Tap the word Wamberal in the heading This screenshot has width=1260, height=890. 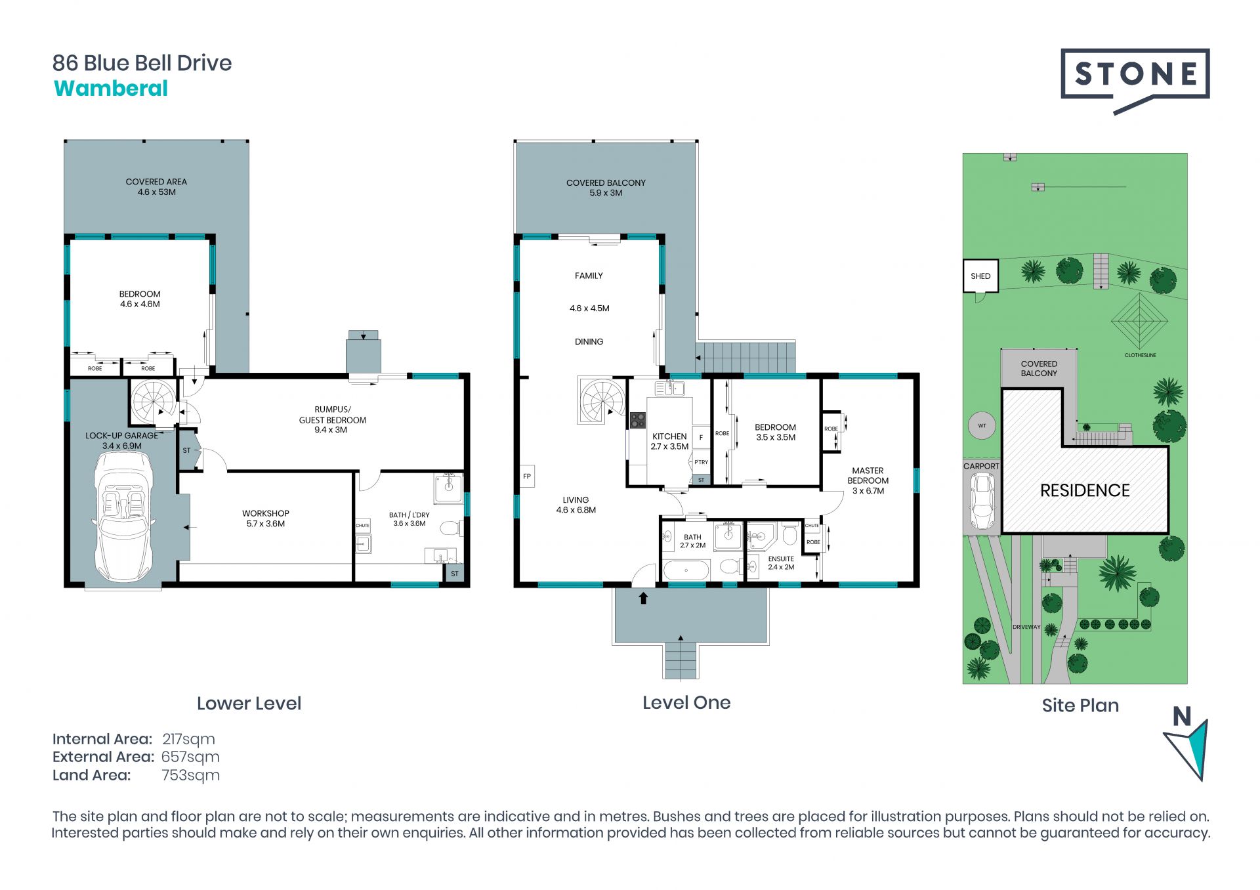click(x=111, y=89)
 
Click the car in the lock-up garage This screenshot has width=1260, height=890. click(x=125, y=516)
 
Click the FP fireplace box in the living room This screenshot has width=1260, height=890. click(x=527, y=477)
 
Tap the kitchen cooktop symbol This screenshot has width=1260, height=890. click(x=637, y=420)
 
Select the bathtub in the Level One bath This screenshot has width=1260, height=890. click(x=686, y=570)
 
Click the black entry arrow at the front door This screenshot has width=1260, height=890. click(x=643, y=598)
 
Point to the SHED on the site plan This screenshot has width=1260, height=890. click(x=980, y=276)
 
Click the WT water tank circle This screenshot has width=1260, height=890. click(x=982, y=426)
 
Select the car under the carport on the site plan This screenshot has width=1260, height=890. click(x=982, y=501)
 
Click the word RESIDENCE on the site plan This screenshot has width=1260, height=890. click(x=1085, y=490)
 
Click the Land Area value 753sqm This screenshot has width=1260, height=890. click(x=190, y=775)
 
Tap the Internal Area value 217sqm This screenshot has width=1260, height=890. click(x=188, y=739)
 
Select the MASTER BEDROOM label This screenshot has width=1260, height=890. click(x=868, y=476)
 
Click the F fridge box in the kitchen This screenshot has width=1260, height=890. click(x=701, y=437)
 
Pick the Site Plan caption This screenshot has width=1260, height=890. click(x=1080, y=706)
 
